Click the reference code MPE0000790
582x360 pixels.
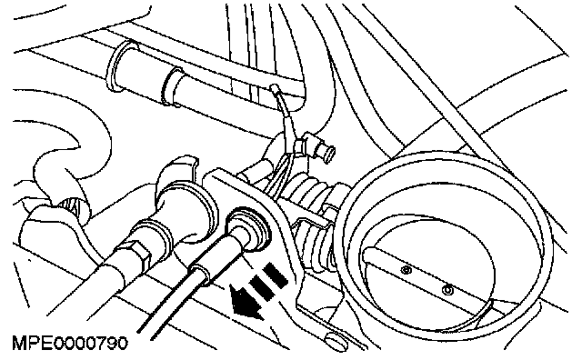70,343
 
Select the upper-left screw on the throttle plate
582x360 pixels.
407,269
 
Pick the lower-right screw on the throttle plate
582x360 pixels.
448,289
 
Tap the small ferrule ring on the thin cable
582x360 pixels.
200,274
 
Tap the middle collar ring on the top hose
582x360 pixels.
172,86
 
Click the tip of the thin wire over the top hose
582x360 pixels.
274,87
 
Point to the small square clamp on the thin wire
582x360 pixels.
299,146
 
